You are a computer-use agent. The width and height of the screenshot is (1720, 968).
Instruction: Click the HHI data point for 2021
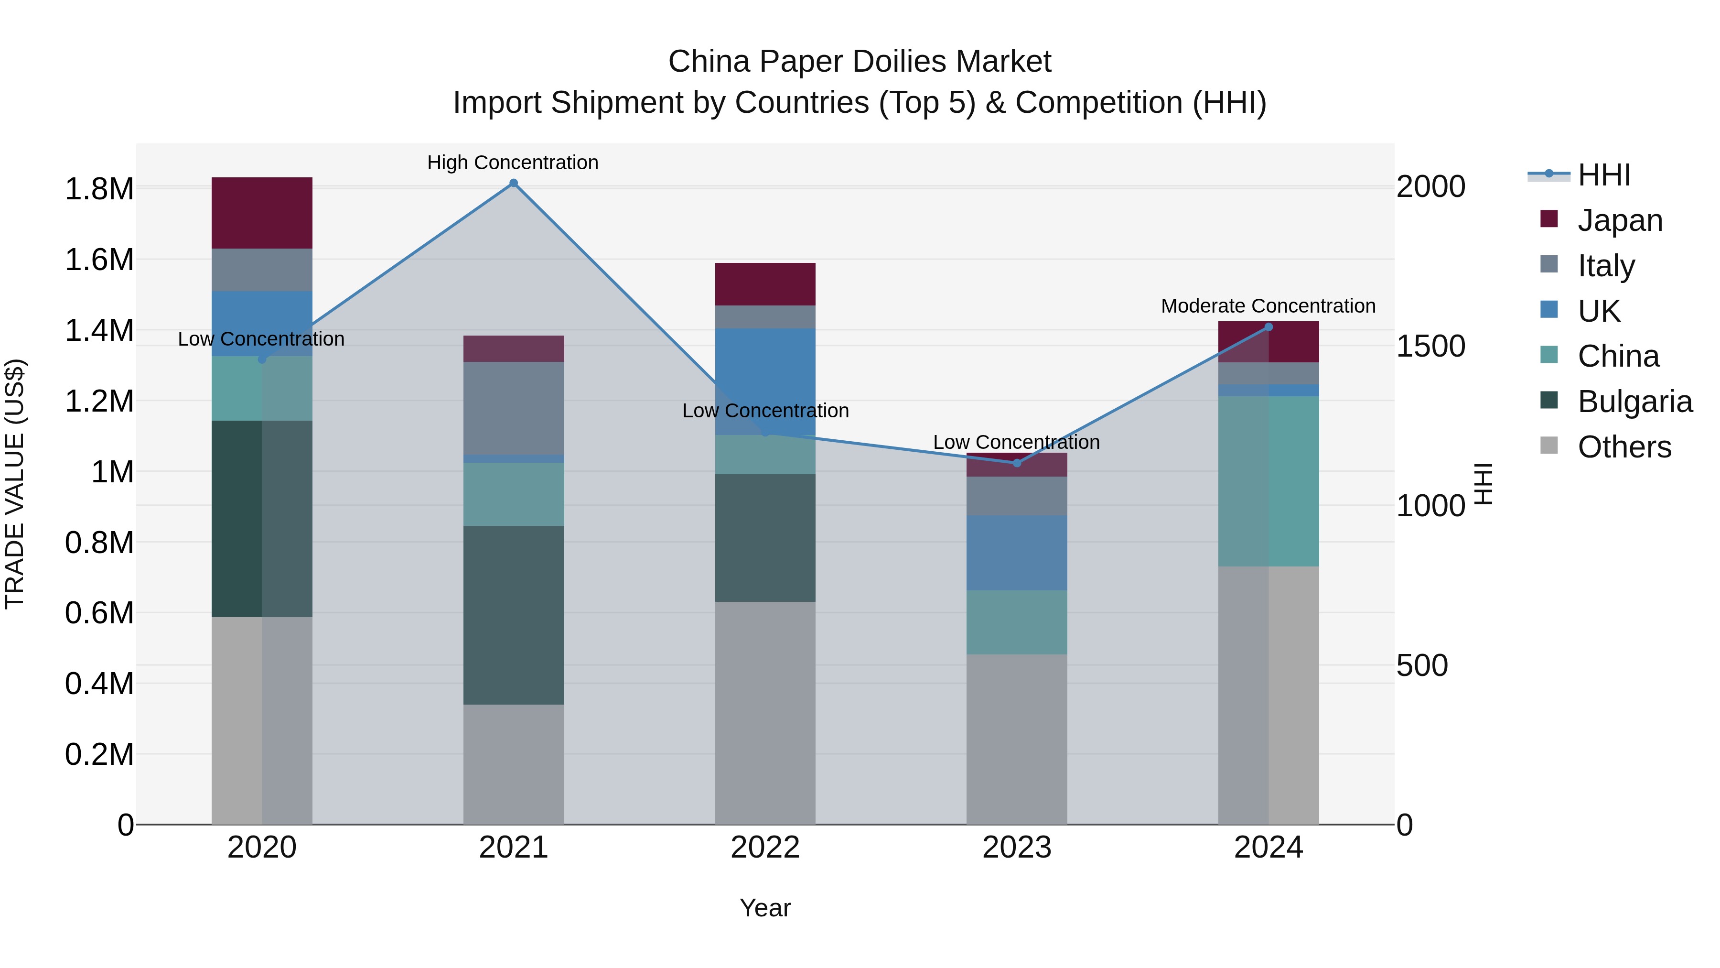(x=514, y=183)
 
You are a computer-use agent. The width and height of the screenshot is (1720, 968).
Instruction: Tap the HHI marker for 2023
(x=1017, y=463)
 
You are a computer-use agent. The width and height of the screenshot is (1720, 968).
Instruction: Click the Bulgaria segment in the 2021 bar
(x=514, y=615)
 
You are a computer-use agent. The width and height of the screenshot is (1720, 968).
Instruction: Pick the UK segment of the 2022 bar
(x=765, y=381)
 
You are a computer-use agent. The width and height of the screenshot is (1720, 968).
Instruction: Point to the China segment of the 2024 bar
(x=1268, y=481)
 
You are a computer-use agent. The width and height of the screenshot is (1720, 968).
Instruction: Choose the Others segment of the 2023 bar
(x=1017, y=739)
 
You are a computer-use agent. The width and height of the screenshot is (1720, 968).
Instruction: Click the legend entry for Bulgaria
(x=1634, y=402)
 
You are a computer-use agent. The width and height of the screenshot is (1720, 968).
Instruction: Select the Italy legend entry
(x=1606, y=266)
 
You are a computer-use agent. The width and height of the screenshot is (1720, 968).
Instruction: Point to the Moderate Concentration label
(x=1268, y=306)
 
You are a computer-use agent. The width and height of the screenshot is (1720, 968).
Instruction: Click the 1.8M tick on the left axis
(x=99, y=189)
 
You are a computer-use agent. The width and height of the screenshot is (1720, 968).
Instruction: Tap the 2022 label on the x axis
(x=765, y=848)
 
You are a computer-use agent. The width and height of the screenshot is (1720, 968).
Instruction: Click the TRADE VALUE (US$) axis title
(x=15, y=484)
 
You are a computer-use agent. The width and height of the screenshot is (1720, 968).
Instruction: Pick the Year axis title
(x=765, y=908)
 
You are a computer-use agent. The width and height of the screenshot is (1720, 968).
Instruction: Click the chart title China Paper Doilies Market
(x=860, y=62)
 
